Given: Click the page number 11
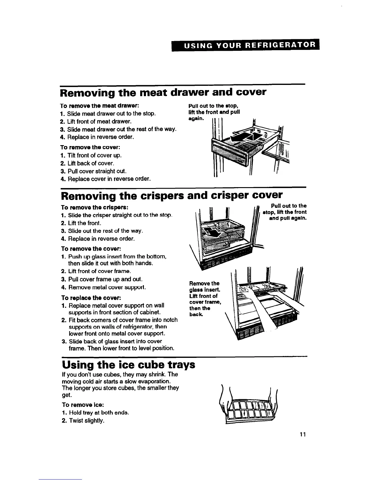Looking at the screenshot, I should click(302, 434).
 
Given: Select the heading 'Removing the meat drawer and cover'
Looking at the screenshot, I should click(163, 92).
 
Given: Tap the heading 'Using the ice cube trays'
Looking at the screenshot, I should click(128, 365).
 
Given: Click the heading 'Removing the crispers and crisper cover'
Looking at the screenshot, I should click(172, 195).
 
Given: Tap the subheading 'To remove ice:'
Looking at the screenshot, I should click(83, 405).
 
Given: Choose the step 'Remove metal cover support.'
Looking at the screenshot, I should click(107, 287).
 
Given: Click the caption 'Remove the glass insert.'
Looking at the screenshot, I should click(204, 286).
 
